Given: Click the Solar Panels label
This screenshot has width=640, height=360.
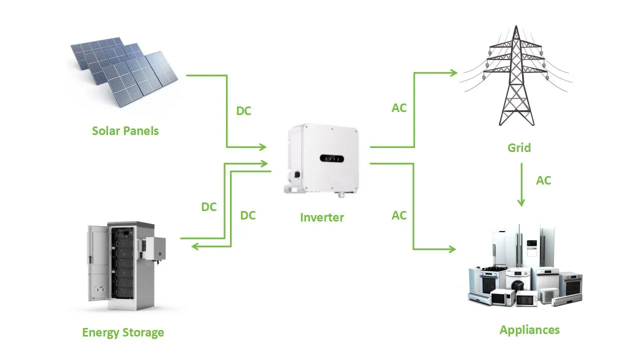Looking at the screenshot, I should [x=125, y=131].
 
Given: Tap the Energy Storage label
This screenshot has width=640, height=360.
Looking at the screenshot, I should [x=123, y=332].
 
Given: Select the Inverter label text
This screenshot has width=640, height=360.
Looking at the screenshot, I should [x=322, y=217].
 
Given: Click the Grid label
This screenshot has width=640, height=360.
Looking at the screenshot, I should [x=519, y=148].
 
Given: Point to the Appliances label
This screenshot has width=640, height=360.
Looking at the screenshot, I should [x=529, y=330].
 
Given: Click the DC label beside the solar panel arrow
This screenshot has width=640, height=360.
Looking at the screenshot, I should [x=243, y=111].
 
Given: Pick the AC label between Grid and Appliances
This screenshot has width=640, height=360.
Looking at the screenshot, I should [x=543, y=180].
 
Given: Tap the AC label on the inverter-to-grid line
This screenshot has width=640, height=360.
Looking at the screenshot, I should [x=399, y=108].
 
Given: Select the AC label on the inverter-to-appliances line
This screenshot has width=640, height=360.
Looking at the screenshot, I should [x=399, y=215].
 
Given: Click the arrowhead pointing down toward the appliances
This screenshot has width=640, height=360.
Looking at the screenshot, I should [x=521, y=202].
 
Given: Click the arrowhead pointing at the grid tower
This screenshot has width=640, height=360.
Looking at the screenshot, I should [x=453, y=73].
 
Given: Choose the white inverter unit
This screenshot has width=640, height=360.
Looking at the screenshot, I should [x=322, y=160].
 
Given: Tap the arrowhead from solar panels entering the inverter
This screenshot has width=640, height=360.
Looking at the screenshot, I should [x=262, y=147].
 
